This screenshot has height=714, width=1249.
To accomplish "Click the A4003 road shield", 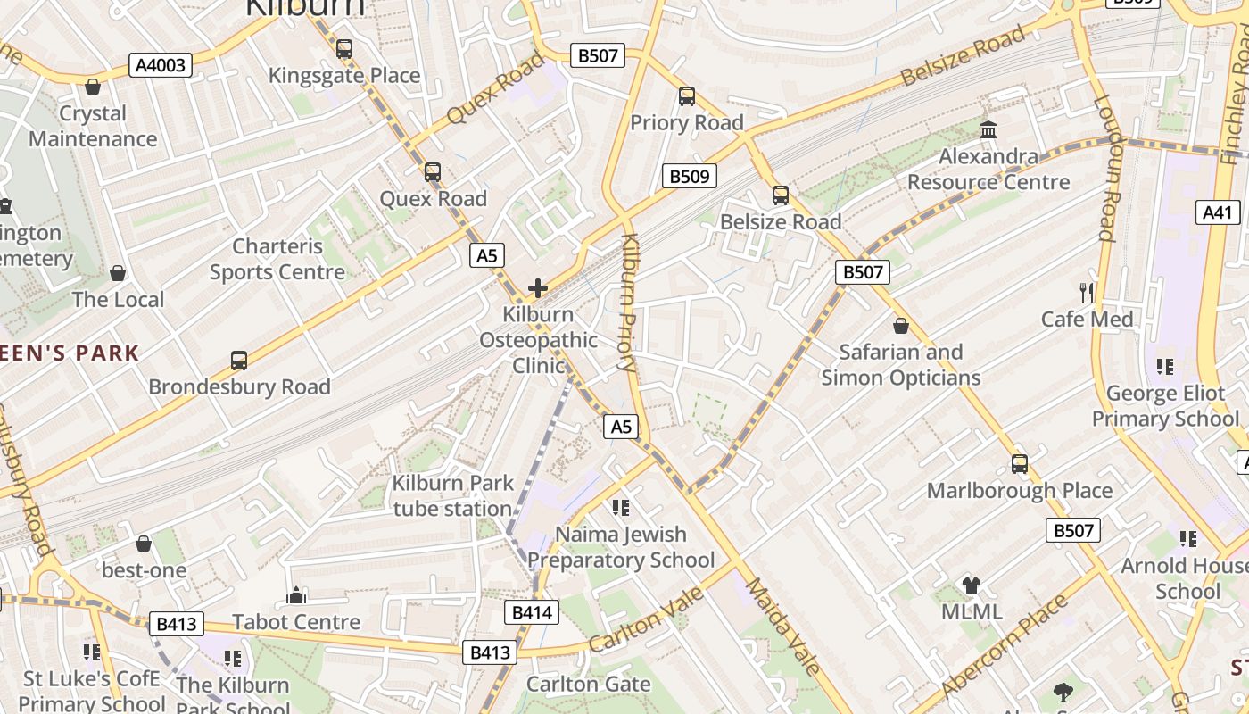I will pyautogui.click(x=161, y=64).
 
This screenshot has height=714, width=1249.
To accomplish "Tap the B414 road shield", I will pyautogui.click(x=533, y=612).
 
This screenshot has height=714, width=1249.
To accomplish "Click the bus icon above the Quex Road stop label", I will pyautogui.click(x=433, y=172).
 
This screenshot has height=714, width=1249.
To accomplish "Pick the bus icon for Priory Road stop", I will pyautogui.click(x=686, y=96).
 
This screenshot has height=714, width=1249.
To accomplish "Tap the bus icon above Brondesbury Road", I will pyautogui.click(x=238, y=361).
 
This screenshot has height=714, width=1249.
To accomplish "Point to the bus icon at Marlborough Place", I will pyautogui.click(x=1019, y=464).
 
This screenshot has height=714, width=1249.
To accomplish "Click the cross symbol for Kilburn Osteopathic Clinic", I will pyautogui.click(x=538, y=288).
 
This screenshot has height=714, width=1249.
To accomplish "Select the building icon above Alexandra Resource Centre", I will pyautogui.click(x=988, y=130).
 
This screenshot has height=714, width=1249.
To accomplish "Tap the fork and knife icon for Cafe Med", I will pyautogui.click(x=1086, y=292).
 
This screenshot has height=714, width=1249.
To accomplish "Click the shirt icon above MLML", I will pyautogui.click(x=972, y=585).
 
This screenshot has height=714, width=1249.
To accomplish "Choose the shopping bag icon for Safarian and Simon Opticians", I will pyautogui.click(x=900, y=326).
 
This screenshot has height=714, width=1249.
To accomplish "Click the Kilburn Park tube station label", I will pyautogui.click(x=453, y=496).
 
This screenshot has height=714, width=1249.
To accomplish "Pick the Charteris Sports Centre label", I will pyautogui.click(x=277, y=259).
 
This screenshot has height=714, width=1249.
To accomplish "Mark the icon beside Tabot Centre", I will pyautogui.click(x=296, y=595).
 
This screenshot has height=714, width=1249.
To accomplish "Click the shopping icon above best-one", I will pyautogui.click(x=143, y=544).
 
